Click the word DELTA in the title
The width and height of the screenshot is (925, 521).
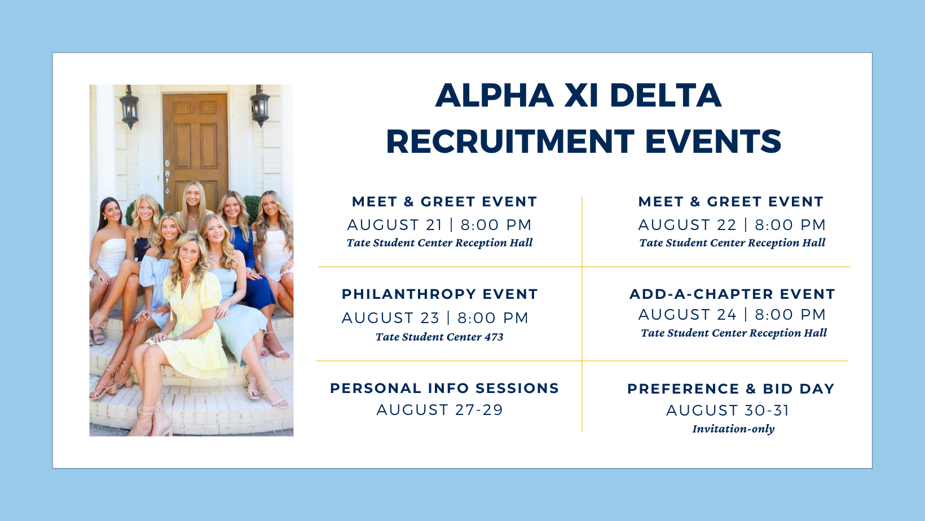tap(665, 95)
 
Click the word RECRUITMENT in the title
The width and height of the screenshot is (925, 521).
tap(510, 142)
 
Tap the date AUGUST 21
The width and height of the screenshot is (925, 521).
tap(395, 225)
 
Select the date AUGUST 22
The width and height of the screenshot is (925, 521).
tap(687, 225)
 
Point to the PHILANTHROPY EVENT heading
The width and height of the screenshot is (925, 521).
tap(440, 294)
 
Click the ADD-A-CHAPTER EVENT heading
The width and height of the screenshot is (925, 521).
tap(732, 294)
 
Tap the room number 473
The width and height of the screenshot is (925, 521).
tap(494, 337)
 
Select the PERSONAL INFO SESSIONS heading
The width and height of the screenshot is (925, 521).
tap(444, 388)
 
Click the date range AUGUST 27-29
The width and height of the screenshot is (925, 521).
tap(440, 410)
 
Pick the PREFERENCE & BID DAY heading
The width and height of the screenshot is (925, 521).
tap(731, 388)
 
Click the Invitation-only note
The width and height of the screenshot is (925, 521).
tap(733, 429)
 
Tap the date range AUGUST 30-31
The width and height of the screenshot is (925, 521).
tap(728, 410)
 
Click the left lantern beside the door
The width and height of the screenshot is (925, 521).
tap(129, 107)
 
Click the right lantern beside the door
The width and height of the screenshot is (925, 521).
tap(260, 105)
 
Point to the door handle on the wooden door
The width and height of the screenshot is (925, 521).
tap(167, 178)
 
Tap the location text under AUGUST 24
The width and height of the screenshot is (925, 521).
tap(734, 333)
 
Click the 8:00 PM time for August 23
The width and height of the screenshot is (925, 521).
tap(493, 318)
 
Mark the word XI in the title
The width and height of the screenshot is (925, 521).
tap(581, 95)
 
